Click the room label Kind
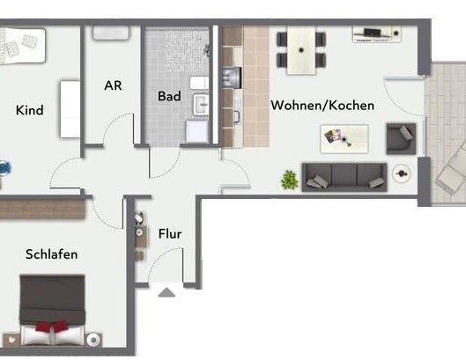coord(29,110)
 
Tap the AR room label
coord(113,85)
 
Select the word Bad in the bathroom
coord(169,95)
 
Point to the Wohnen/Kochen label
coord(322,106)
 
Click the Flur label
coord(170,234)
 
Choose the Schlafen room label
coord(51,254)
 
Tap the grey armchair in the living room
coord(401,138)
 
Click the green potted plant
coord(289,179)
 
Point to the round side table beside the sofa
coord(402,173)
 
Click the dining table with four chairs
coord(301,48)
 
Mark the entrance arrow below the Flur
coord(166,293)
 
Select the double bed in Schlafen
coord(53,312)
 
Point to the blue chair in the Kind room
coord(4,165)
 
